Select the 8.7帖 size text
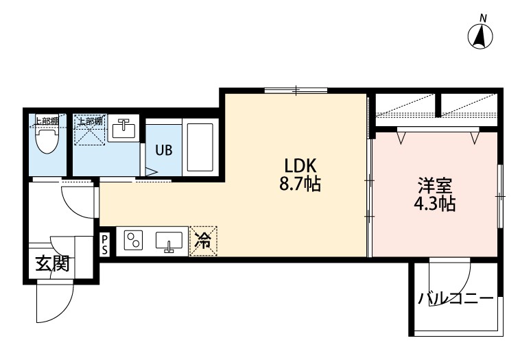click(x=300, y=184)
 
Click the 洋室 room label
click(x=435, y=186)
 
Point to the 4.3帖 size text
click(x=434, y=204)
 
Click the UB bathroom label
click(x=164, y=150)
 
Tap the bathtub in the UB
click(x=200, y=147)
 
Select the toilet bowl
click(x=47, y=140)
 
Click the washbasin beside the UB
click(x=123, y=128)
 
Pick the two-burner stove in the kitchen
click(x=133, y=240)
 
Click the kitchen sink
click(x=169, y=241)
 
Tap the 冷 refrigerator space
click(x=202, y=241)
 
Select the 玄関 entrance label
click(x=52, y=264)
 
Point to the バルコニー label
click(x=456, y=298)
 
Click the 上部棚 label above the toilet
click(x=47, y=121)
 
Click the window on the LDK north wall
click(x=296, y=90)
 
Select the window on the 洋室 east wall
click(x=500, y=197)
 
